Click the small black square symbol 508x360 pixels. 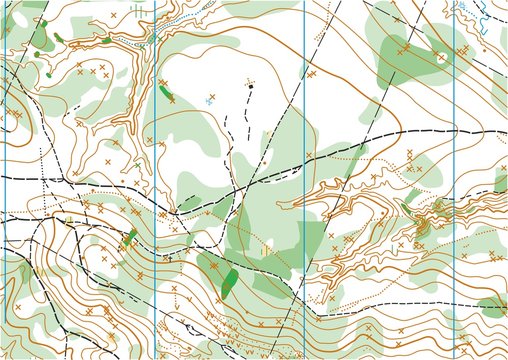point(250,87)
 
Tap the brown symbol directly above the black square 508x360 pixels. point(249,79)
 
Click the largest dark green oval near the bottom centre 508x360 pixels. point(229,280)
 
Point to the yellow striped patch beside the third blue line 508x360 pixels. point(267,250)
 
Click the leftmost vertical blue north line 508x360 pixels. point(7,180)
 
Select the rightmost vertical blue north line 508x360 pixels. point(455,180)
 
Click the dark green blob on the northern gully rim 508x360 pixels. point(105,40)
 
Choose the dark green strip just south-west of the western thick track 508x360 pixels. point(129,239)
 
